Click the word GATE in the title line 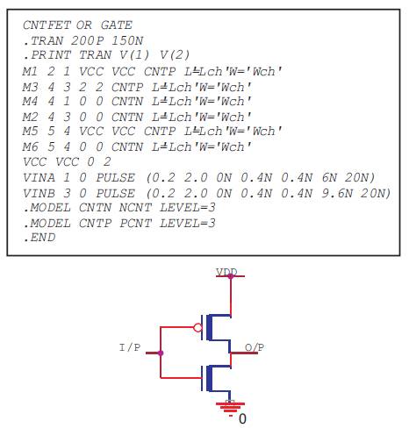(x=117, y=25)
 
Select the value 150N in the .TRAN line (x=127, y=40)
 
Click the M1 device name (x=30, y=71)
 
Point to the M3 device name (x=30, y=87)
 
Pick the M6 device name (x=30, y=146)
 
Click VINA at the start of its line (x=39, y=177)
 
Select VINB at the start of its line (x=39, y=193)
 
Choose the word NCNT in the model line (x=136, y=208)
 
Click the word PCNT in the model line (x=136, y=224)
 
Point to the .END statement (x=39, y=238)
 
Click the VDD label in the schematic (x=226, y=272)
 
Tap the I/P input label (x=130, y=347)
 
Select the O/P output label (x=255, y=347)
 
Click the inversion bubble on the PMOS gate (x=197, y=327)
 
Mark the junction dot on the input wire (x=161, y=353)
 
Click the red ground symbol (x=230, y=408)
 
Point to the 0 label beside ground (x=242, y=418)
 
